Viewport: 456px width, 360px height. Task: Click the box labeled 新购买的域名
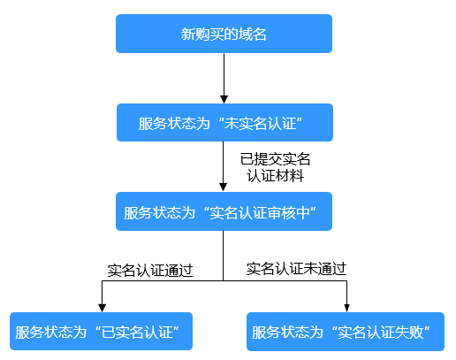point(224,34)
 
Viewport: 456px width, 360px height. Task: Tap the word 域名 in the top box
point(254,34)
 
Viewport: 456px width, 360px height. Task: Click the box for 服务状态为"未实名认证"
point(224,122)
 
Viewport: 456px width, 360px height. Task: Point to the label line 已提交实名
point(275,159)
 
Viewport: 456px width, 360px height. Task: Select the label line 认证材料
point(275,175)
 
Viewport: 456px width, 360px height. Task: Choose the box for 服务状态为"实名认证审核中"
point(224,211)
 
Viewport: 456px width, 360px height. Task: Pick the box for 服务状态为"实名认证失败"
point(347,332)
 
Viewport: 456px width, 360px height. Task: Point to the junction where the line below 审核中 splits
point(224,281)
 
